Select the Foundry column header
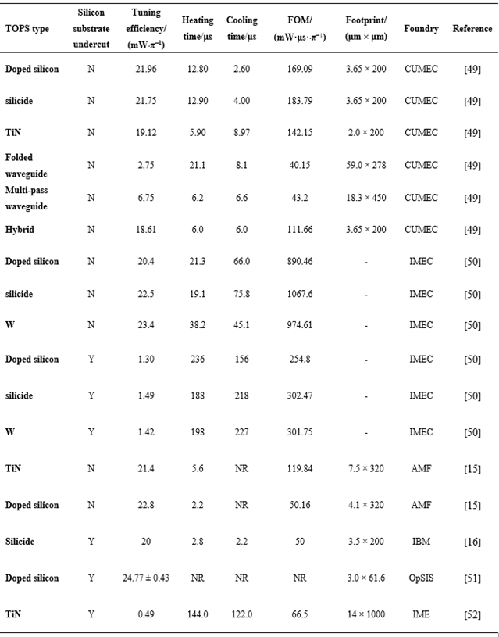[x=420, y=29]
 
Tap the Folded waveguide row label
[x=24, y=163]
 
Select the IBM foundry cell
[x=420, y=541]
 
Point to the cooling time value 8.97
[x=241, y=134]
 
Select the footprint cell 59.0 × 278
[x=366, y=164]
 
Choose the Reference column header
[x=472, y=29]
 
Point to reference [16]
[x=472, y=541]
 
